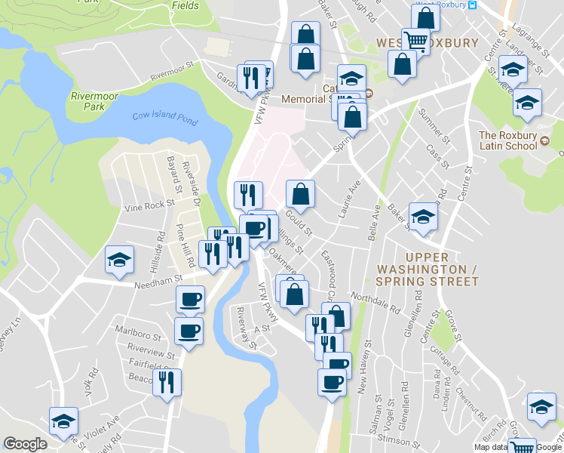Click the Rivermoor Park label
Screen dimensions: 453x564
tap(92, 101)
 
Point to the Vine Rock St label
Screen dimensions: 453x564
tap(149, 205)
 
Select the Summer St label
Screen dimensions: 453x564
tap(438, 132)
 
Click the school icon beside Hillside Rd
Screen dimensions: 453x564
tap(119, 261)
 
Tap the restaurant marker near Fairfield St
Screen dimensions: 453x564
tap(166, 382)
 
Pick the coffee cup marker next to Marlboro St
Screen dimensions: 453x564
tap(189, 330)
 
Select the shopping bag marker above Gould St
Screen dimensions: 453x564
tap(300, 194)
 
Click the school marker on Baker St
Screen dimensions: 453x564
tap(423, 217)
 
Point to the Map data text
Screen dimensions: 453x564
tap(491, 447)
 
